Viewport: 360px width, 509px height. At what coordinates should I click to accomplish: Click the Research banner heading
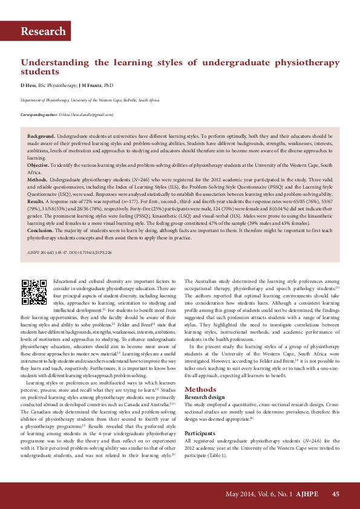[x=43, y=31]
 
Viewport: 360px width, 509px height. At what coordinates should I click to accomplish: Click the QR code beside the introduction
[x=34, y=292]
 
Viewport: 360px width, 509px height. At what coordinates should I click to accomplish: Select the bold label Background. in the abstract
[x=41, y=137]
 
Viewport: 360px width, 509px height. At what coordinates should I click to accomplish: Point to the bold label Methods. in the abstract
[x=38, y=180]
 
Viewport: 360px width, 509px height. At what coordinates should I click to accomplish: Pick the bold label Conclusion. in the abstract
[x=41, y=247]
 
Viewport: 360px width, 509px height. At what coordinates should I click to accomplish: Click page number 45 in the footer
[x=336, y=494]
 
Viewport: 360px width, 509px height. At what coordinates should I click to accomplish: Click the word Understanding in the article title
[x=54, y=62]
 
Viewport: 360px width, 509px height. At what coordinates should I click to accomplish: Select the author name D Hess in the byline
[x=28, y=86]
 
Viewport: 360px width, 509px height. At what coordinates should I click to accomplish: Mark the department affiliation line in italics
[x=90, y=100]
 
